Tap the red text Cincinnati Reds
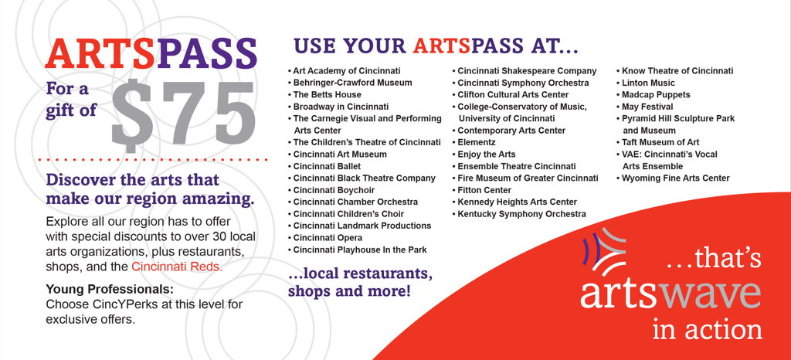[177, 267]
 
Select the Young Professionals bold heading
[110, 290]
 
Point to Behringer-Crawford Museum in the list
[352, 83]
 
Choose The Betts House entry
[327, 95]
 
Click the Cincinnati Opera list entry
[328, 238]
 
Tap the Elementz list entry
[476, 143]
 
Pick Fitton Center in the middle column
[484, 190]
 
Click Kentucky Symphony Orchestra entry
[521, 214]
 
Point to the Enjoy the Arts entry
[487, 155]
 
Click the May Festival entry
[647, 107]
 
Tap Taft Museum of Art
[660, 143]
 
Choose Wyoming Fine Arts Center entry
[675, 178]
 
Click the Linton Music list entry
[648, 83]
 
